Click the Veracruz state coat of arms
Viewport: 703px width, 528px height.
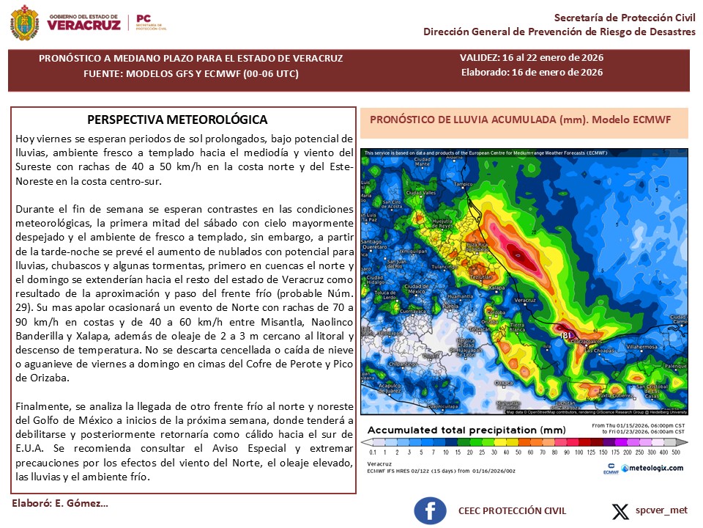tap(26, 23)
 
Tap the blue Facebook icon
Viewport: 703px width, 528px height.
tap(430, 510)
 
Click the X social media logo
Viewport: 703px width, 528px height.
tap(620, 510)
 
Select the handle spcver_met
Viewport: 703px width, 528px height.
tap(661, 510)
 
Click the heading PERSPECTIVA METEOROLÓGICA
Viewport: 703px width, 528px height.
tap(177, 120)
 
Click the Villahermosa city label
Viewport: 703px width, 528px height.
tap(642, 344)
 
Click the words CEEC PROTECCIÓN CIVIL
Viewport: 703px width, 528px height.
tap(512, 510)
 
